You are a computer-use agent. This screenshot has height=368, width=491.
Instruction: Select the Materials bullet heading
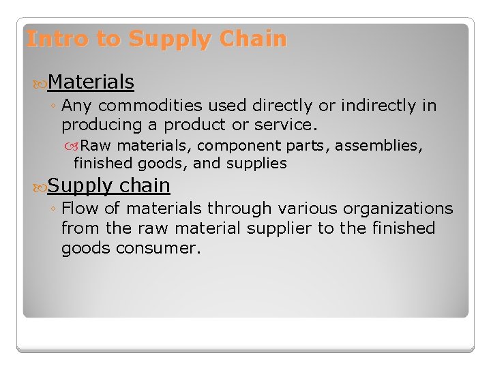tap(91, 82)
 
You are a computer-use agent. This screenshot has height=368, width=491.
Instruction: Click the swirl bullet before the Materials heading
tap(40, 83)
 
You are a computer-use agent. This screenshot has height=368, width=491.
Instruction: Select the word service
tap(286, 125)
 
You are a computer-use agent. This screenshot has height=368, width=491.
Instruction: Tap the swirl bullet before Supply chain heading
tap(40, 186)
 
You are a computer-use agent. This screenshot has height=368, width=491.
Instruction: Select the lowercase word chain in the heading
tap(145, 185)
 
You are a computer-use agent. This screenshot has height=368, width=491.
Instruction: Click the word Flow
tap(81, 209)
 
